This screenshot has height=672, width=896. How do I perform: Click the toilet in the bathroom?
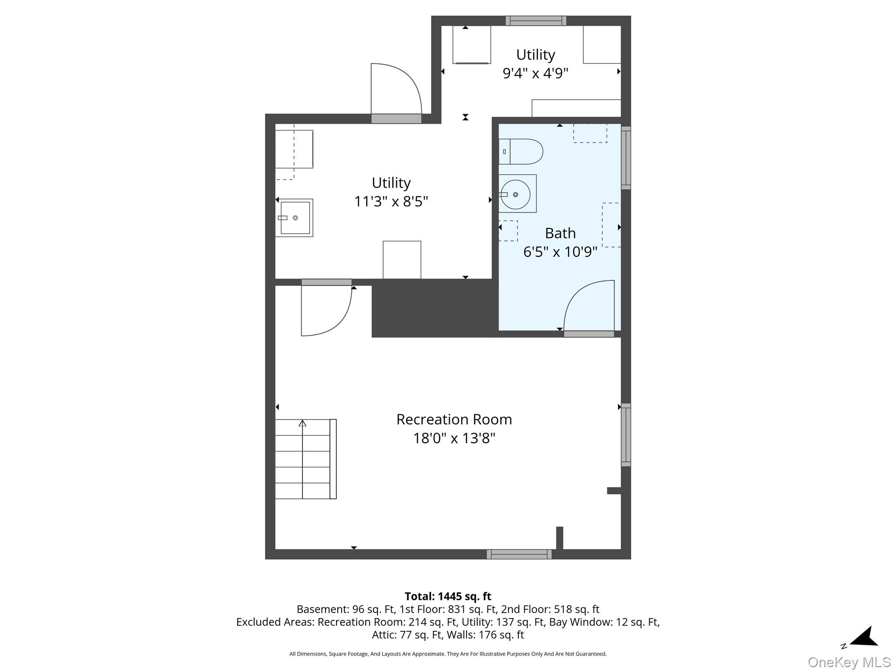pos(521,151)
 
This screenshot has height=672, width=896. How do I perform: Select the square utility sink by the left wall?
pos(294,218)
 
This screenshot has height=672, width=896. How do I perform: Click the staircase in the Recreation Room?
pos(306,459)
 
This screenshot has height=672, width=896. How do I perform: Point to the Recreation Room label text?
pos(454,419)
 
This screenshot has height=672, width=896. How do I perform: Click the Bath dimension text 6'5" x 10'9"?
pos(560,252)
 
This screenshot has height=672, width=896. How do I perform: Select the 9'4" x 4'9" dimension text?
pos(535,73)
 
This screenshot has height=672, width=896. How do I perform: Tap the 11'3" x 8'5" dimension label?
pos(391,201)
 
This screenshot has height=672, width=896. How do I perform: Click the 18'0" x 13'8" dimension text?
pos(454,438)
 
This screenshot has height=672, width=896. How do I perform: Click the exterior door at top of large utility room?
pos(396,93)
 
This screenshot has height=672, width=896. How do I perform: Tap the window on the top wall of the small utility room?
pos(536,21)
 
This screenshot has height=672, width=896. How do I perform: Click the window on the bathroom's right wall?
pos(626,158)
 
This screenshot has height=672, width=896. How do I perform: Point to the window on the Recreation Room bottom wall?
pos(519,554)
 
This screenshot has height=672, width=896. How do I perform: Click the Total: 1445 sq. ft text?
pos(448,596)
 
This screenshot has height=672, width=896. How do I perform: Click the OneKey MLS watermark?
pos(849,662)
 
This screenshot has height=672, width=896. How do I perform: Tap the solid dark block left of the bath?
pos(435,308)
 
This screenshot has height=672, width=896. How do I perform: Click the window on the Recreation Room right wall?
pos(626,434)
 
